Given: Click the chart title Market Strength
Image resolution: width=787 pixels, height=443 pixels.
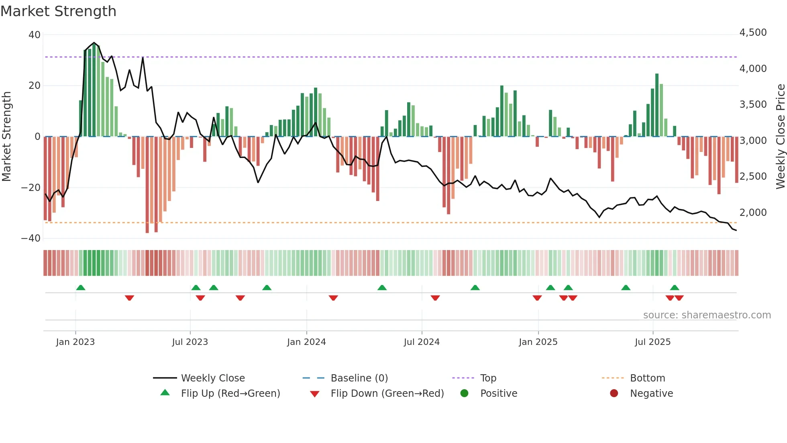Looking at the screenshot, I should [58, 11].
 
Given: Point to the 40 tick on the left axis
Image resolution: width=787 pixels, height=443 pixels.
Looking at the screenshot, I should [35, 35].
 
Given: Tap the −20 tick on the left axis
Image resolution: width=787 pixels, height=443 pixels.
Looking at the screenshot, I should [31, 188].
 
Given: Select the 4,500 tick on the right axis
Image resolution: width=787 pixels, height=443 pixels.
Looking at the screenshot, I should [753, 33].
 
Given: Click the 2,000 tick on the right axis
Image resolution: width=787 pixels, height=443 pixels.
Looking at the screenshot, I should [753, 213].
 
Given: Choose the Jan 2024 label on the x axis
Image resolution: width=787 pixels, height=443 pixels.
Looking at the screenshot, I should [306, 342].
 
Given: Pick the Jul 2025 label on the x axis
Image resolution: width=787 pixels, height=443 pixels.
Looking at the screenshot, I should [652, 342].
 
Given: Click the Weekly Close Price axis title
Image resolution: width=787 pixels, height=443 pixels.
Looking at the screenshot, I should [780, 137].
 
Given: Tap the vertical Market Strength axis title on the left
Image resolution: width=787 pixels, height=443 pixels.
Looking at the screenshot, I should [7, 137].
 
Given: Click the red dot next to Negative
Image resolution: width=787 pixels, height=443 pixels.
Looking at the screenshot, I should [614, 394].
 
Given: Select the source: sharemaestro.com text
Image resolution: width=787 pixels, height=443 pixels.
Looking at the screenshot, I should [707, 315].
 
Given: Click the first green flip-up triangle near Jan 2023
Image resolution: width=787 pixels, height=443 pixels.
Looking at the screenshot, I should [81, 288].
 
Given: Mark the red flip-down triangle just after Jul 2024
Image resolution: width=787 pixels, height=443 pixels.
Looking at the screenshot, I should [435, 298].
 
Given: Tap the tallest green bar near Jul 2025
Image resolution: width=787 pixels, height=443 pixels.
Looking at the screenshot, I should [657, 105].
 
